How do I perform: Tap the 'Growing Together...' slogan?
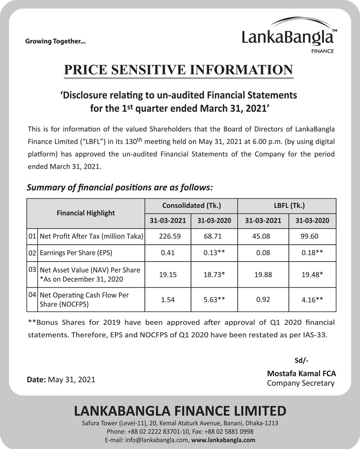coord(55,41)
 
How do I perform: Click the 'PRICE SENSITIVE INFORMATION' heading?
coord(179,69)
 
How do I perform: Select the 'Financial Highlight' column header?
coord(86,213)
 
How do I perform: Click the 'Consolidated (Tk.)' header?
coord(191,206)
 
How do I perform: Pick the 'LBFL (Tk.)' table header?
coord(287,206)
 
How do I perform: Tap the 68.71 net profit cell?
coord(212,237)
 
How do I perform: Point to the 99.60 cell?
coord(309,237)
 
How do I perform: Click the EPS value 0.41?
coord(168,253)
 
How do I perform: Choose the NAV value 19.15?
coord(168,275)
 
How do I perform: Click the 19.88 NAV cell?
coord(263,275)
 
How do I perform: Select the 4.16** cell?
coord(312,300)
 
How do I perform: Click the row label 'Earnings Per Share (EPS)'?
coord(76,253)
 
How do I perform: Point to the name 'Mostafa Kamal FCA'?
coord(301,374)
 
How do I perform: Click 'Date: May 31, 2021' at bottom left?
coord(61,380)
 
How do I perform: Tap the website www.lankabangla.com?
coord(223,440)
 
